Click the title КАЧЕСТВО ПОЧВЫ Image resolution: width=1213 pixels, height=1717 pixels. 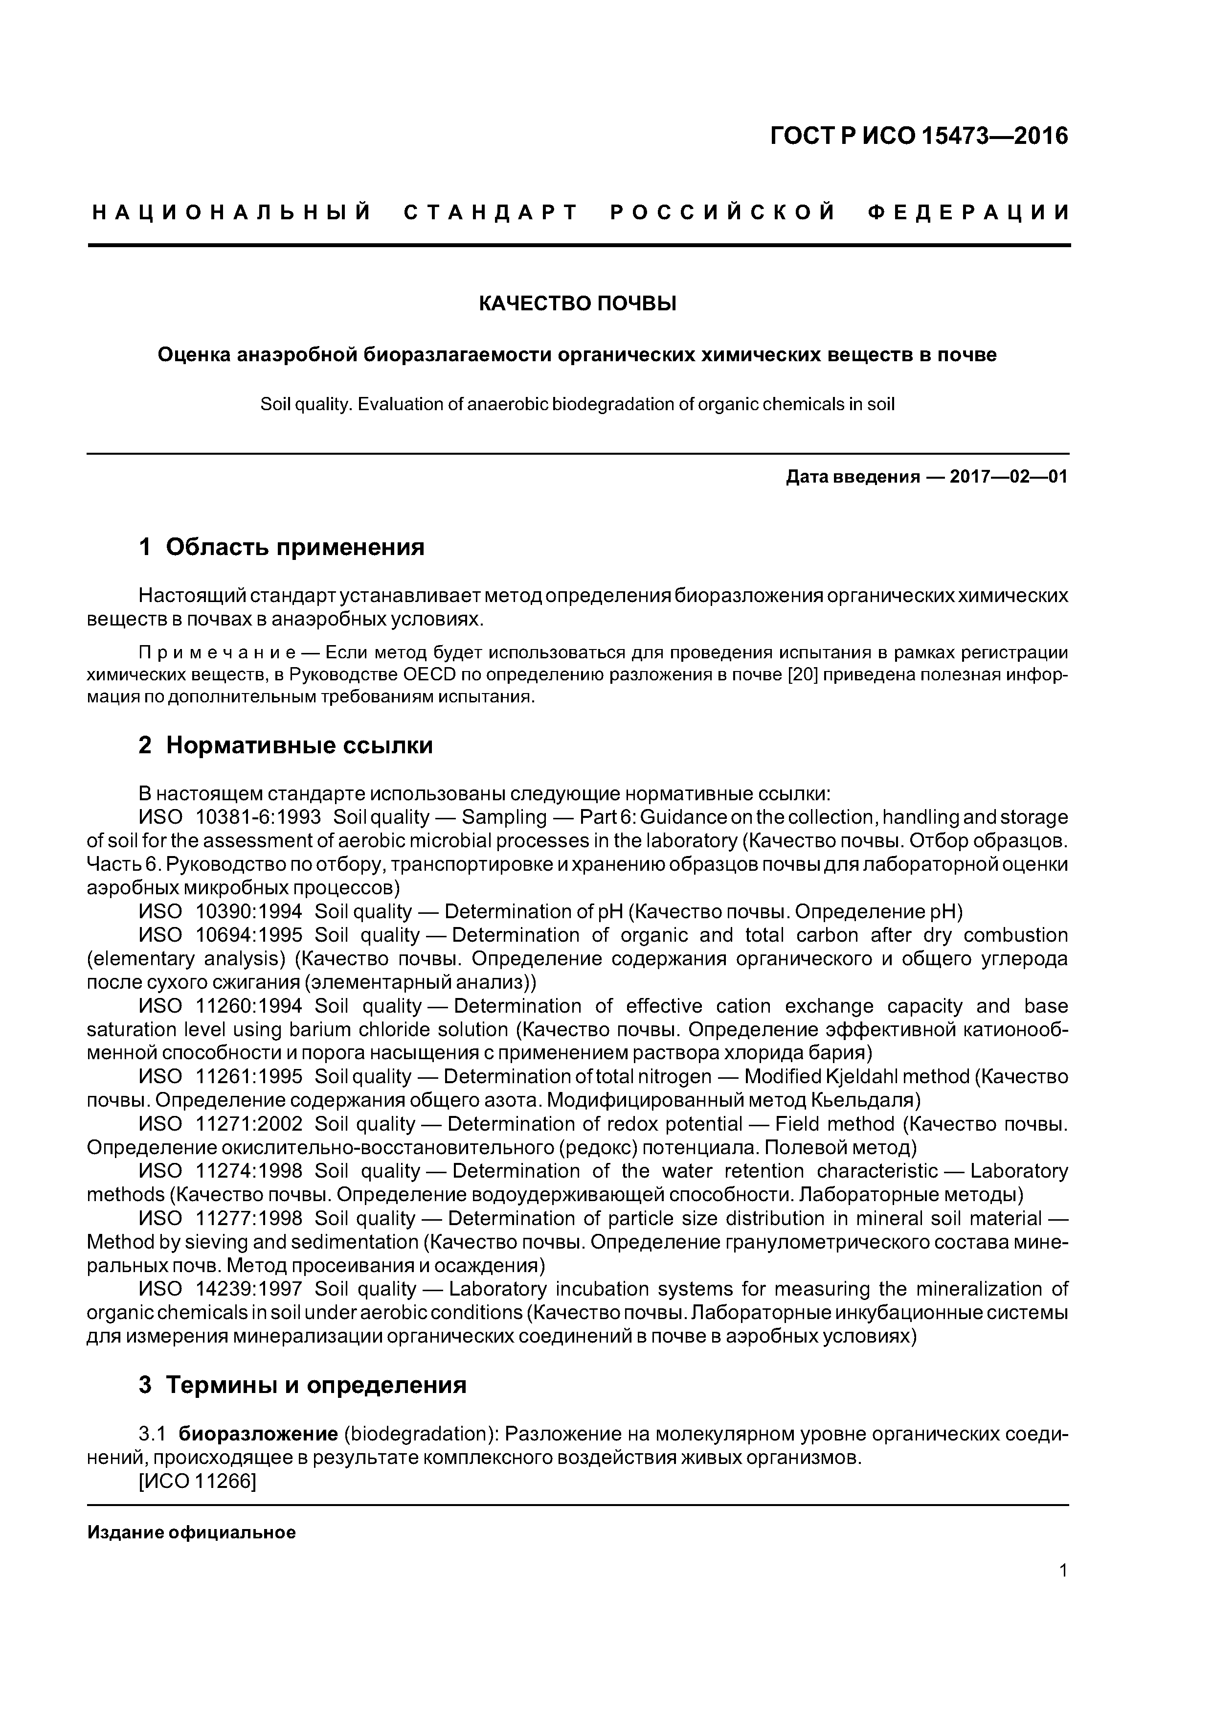577,303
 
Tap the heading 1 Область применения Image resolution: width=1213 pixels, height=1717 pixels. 282,547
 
